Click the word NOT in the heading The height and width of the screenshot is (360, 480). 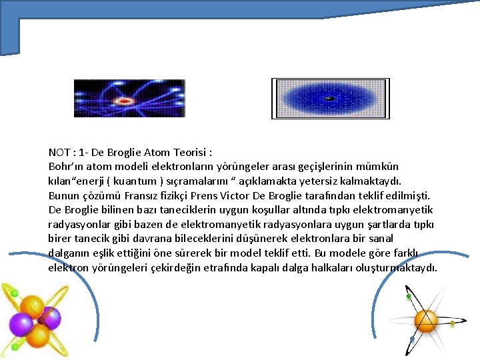[x=59, y=152]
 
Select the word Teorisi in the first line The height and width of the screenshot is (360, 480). [x=193, y=152]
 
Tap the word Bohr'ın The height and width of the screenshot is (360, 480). [x=65, y=166]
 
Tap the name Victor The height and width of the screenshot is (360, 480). [x=261, y=195]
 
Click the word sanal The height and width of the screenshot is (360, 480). [x=379, y=239]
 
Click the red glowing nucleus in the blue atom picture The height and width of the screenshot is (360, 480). [x=124, y=101]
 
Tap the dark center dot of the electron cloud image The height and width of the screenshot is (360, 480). [x=329, y=99]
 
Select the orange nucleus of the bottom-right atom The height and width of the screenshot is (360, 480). [x=426, y=321]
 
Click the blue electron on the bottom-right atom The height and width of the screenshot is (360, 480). [x=412, y=339]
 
